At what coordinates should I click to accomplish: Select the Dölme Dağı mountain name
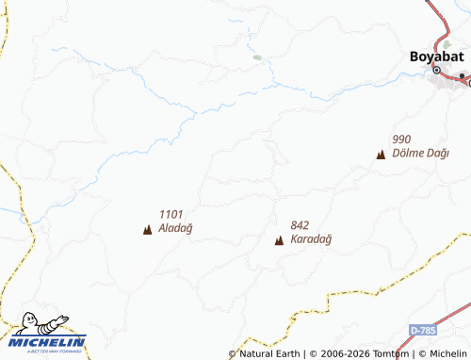coord(420,153)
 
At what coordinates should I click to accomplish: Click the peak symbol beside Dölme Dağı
coord(381,155)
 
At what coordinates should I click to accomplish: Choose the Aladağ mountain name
coord(175,228)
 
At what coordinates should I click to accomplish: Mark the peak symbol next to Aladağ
coord(147,229)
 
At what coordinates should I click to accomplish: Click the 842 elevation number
coord(300,225)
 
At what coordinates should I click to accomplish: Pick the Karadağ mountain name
coord(311,238)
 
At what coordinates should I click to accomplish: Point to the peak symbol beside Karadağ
coord(279,240)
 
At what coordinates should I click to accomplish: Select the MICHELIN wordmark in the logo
coord(48,342)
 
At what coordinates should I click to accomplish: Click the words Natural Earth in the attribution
coord(269,354)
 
